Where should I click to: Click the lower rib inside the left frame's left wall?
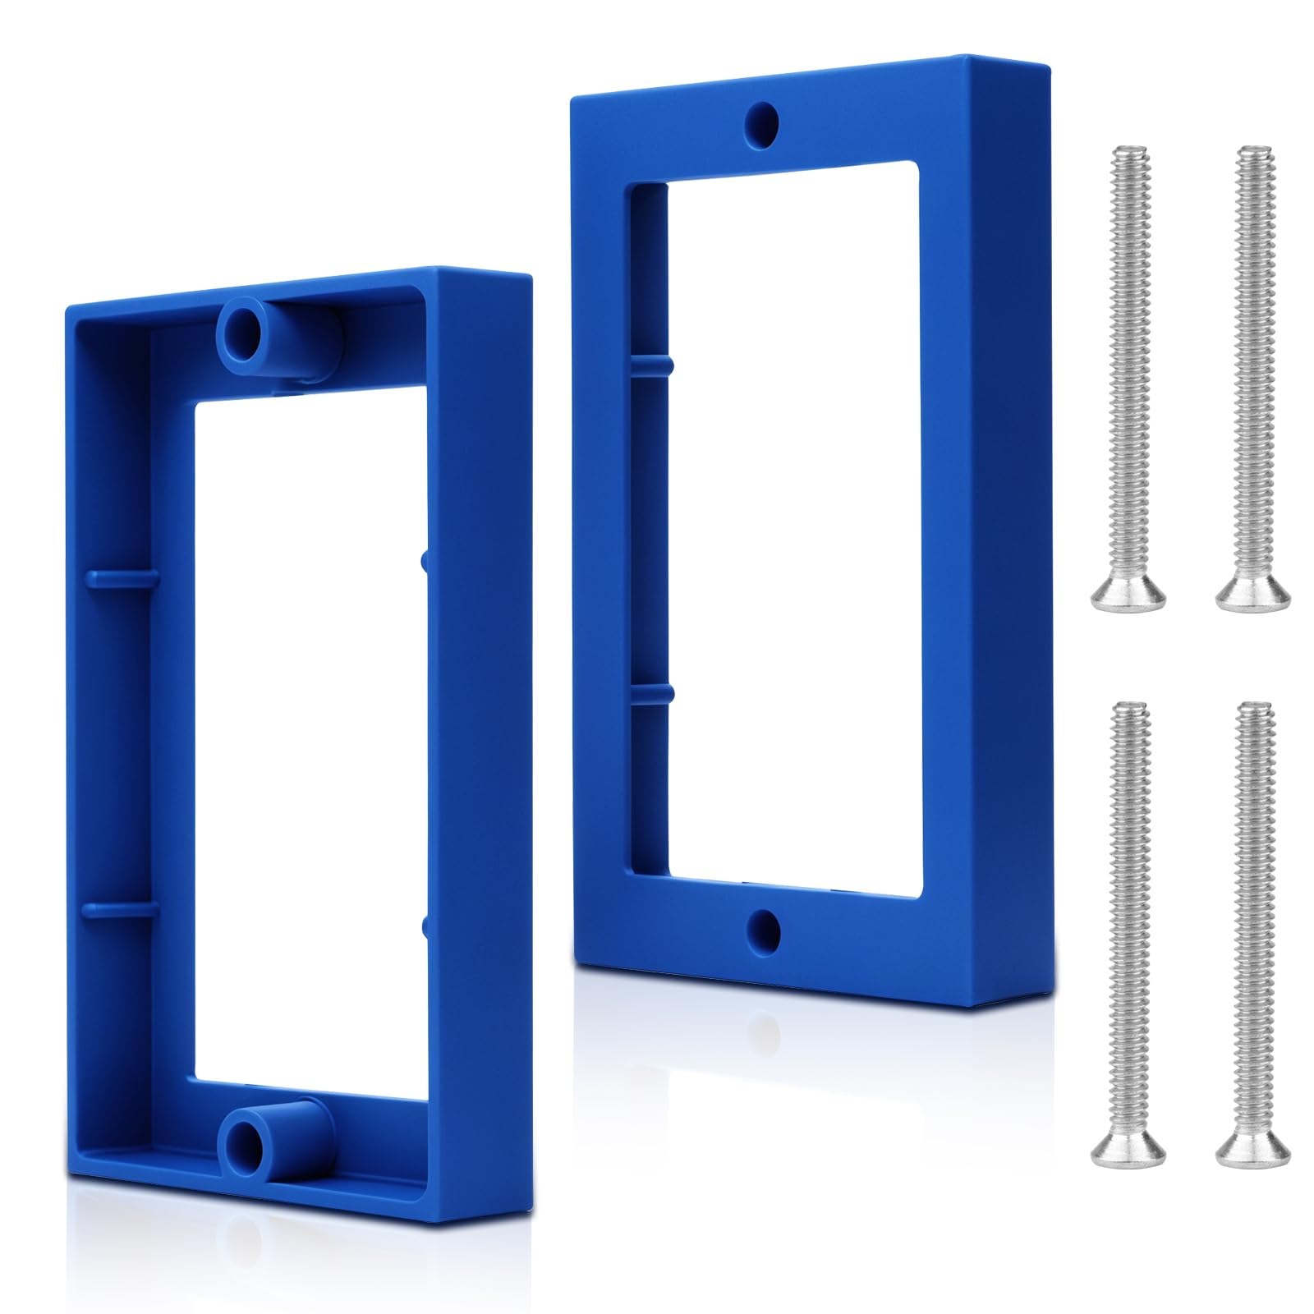pos(119,909)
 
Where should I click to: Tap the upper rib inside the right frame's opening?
pos(653,362)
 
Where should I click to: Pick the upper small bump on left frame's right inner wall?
pos(424,559)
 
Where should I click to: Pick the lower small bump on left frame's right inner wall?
pos(425,926)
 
